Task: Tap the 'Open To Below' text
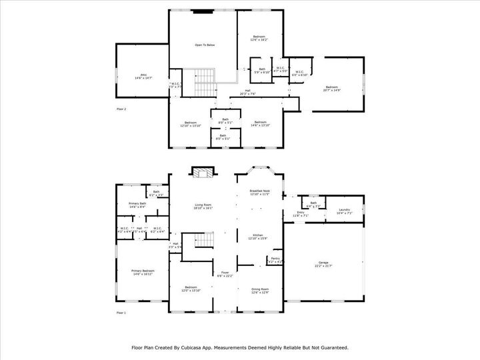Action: [205, 45]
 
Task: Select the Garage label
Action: [323, 265]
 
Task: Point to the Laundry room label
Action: [345, 211]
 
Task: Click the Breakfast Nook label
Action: [259, 191]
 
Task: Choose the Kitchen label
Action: [258, 236]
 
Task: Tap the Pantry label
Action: [275, 260]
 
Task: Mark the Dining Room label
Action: [259, 289]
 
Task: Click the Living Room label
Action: [203, 205]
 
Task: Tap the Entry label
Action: [301, 213]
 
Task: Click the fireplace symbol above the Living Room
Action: [203, 173]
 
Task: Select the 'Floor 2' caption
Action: [121, 108]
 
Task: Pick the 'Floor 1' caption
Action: [121, 313]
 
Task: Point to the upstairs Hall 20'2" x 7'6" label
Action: [247, 92]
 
